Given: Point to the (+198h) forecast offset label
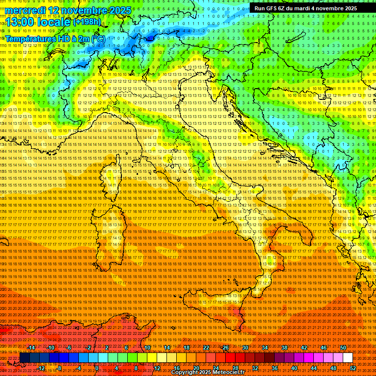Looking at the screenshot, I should coord(87,22).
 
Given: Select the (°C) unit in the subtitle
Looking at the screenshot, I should coord(98,38).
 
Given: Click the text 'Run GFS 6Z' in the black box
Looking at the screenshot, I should coord(269,8).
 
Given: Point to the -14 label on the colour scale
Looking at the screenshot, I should coord(32,348).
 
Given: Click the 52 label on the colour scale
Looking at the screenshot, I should coord(353,368).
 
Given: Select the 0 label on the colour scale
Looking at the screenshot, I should coord(97,368).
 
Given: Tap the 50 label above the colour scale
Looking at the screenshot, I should coord(343,348).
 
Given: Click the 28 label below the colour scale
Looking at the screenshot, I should coord(235,368).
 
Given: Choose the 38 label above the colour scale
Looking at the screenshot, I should coord(284,348).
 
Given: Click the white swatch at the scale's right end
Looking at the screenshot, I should coord(348,357).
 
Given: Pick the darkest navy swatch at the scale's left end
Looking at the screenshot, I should coord(24,357).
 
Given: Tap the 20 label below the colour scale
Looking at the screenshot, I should coord(196,368).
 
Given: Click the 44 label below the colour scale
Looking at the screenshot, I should coord(314,368).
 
